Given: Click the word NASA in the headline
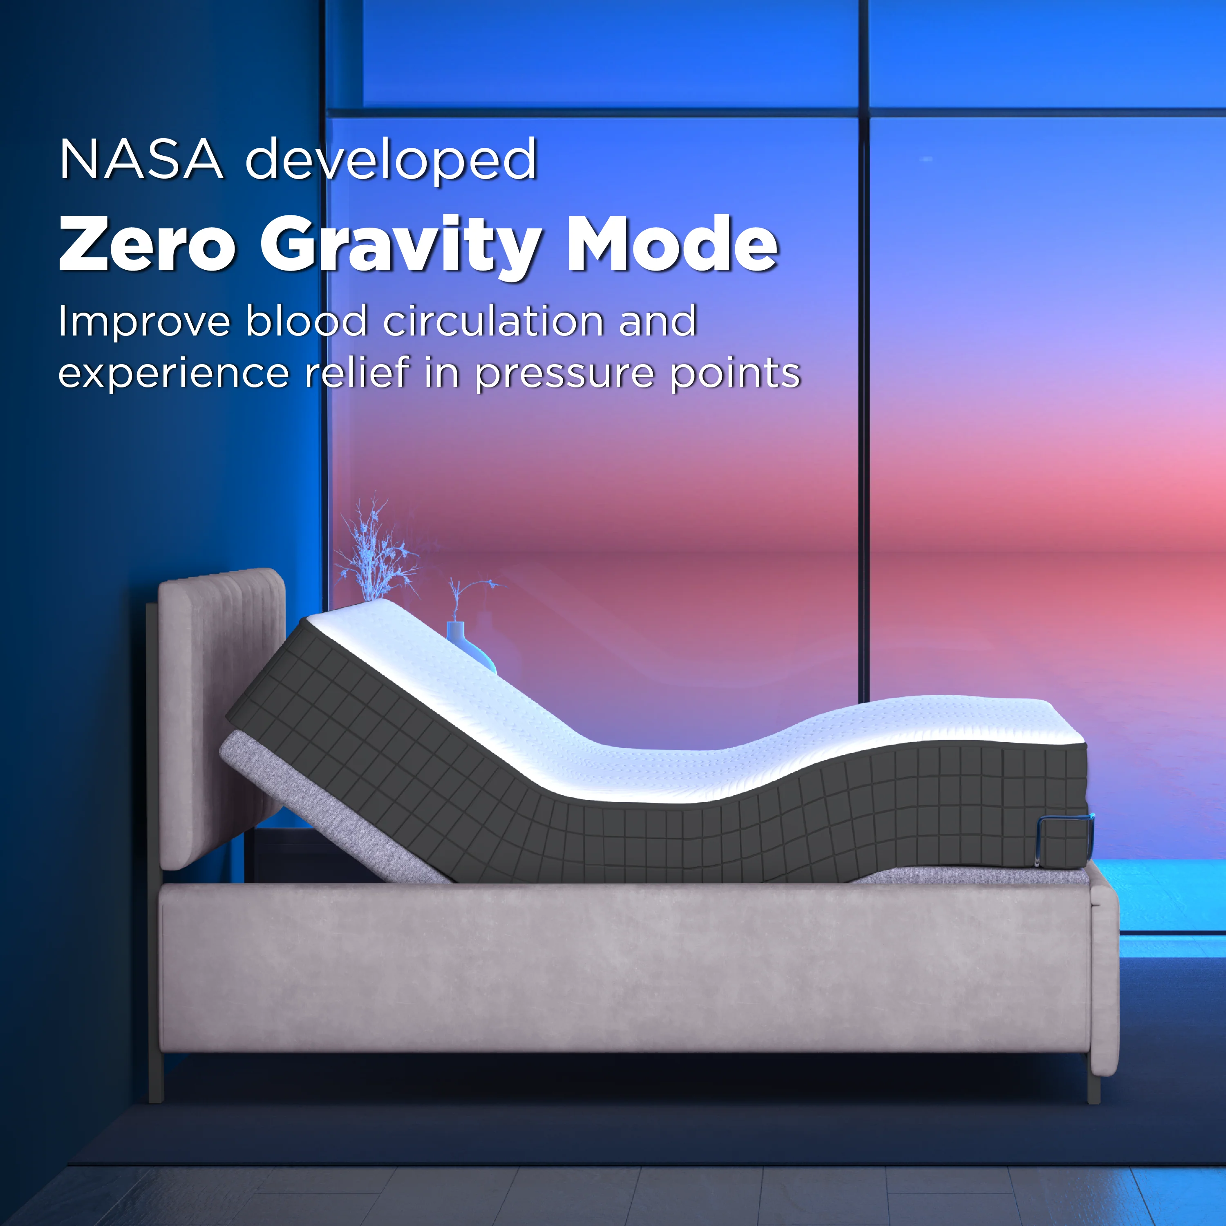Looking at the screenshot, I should (x=141, y=160).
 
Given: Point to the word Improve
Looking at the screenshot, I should (x=143, y=322).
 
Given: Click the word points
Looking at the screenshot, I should (x=736, y=374).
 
